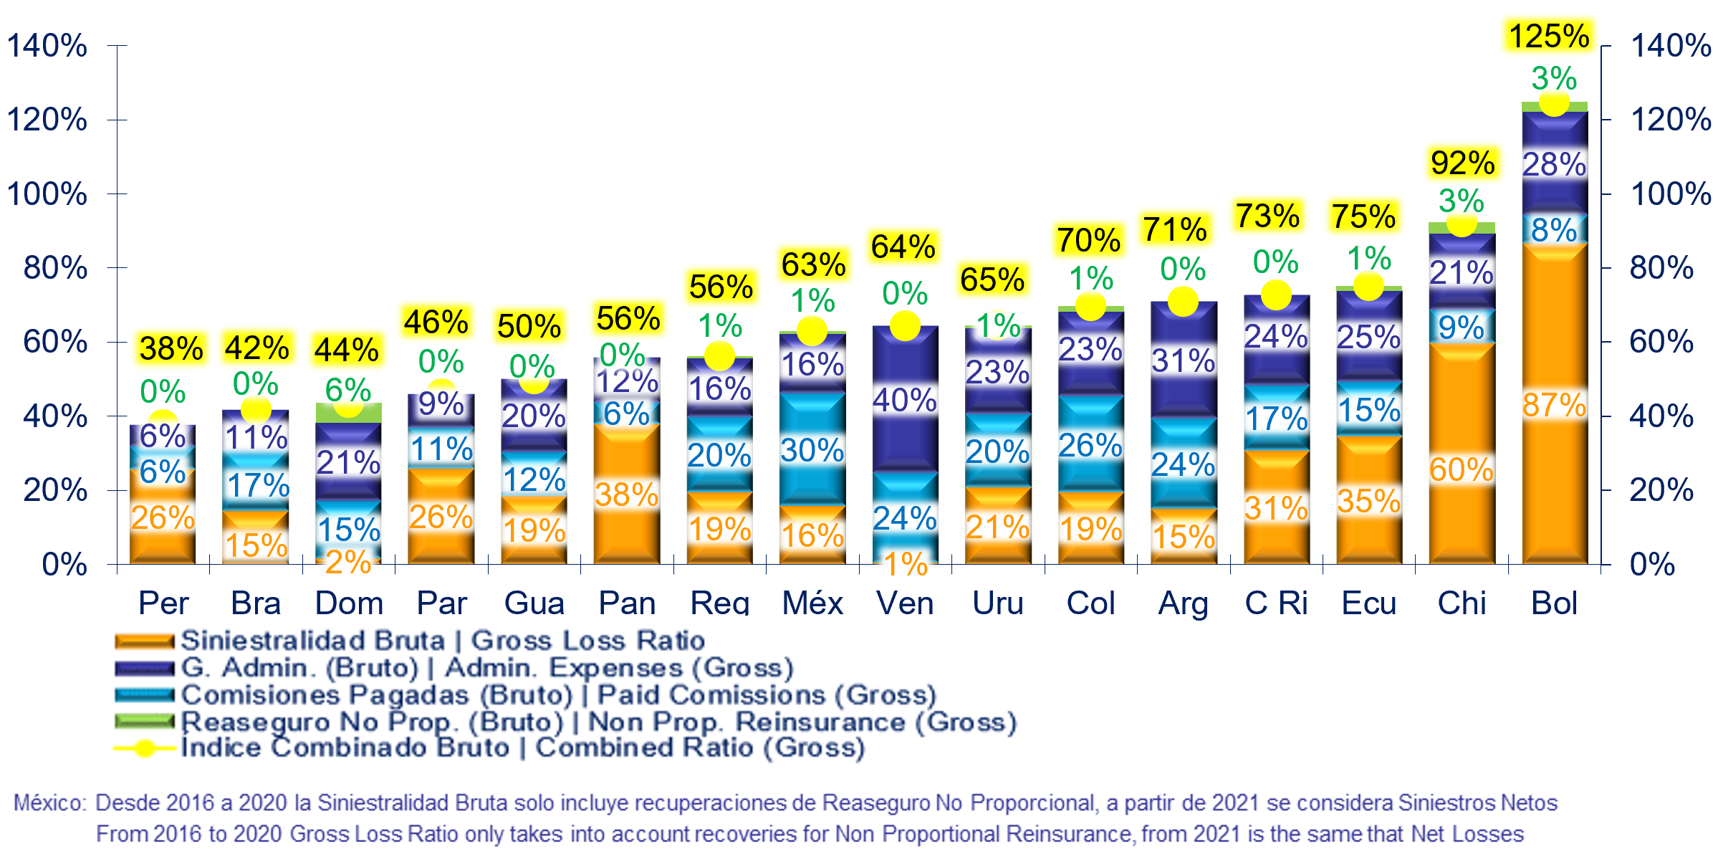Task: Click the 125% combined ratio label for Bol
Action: coord(1549,36)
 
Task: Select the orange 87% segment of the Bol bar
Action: coord(1555,403)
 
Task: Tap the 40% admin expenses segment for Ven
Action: coord(905,398)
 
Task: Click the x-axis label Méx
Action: coord(812,603)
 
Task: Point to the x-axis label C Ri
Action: coord(1276,603)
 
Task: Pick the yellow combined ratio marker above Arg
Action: coord(1183,301)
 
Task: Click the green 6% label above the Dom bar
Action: coord(348,391)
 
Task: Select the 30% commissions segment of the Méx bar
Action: coord(812,449)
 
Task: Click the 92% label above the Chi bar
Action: coord(1462,163)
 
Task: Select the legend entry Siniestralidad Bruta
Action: coord(312,640)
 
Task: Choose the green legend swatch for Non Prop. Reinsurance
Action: coord(145,722)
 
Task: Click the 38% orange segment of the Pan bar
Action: coord(627,494)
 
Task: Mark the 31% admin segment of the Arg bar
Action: coord(1184,360)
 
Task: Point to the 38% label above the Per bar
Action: coord(171,349)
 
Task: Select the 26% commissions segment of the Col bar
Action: coord(1090,444)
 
